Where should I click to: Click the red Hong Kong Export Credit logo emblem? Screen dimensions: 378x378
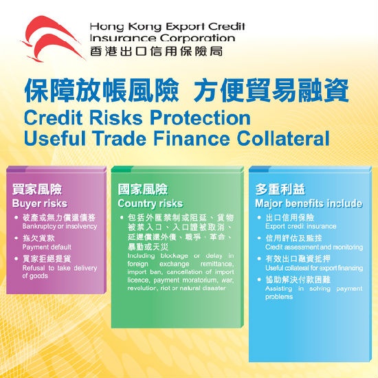coord(53,38)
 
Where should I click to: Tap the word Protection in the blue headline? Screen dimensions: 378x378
coord(200,118)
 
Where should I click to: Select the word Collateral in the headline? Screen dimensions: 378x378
coord(282,139)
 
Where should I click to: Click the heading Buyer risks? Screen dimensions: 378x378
coord(40,203)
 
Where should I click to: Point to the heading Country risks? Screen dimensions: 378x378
coord(151,203)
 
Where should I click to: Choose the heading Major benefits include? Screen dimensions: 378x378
coord(309,203)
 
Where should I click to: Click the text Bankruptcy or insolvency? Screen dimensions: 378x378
coord(60,227)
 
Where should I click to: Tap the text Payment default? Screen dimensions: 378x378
coord(47,247)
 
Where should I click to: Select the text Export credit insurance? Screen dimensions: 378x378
coord(300,226)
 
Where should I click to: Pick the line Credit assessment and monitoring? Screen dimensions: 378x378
coord(314,247)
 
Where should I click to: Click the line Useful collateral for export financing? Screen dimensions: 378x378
coord(314,268)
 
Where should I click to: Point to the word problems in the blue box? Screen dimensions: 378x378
coord(279,297)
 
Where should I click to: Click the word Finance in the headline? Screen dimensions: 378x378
coord(192,139)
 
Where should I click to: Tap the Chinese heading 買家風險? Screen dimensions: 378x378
coord(37,189)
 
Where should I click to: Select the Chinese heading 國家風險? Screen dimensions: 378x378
coord(142,189)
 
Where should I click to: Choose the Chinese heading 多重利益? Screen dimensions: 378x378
coord(280,189)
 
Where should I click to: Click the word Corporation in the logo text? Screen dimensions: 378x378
coord(197,38)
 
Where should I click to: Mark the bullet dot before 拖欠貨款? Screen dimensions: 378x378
coord(16,238)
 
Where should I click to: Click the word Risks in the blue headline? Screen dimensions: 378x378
coord(116,118)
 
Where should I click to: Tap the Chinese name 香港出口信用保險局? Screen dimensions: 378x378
coord(156,52)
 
